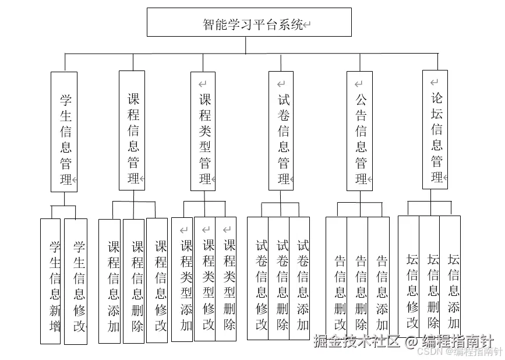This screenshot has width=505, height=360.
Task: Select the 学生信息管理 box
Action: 64,132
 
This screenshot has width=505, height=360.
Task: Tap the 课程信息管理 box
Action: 132,130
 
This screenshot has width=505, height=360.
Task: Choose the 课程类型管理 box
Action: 203,131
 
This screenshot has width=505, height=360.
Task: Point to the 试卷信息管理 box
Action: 281,131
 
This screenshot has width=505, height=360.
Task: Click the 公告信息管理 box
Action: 359,131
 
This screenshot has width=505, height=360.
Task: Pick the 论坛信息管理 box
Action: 435,129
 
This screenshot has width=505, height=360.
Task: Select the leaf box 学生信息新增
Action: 51,281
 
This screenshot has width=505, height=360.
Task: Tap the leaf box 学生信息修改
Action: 76,281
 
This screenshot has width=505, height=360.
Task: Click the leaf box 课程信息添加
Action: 110,281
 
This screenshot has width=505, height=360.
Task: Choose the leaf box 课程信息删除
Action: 134,281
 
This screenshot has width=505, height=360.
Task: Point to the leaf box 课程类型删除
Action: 227,278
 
